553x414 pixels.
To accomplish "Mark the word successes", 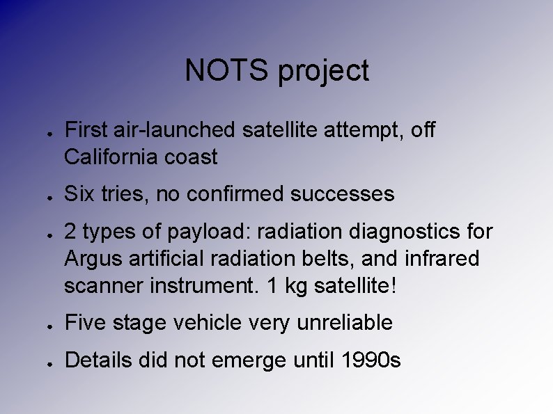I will (x=345, y=195).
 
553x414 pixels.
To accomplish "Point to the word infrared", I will (x=444, y=258).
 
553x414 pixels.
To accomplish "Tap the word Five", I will (x=84, y=323).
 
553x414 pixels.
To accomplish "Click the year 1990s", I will (x=371, y=360).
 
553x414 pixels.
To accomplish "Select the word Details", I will (x=97, y=360).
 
